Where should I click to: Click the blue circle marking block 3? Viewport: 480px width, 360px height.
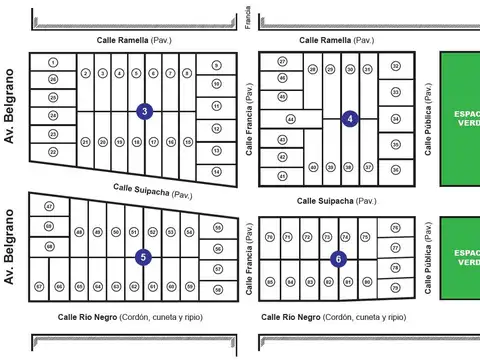145,111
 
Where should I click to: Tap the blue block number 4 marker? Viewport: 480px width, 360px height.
350,118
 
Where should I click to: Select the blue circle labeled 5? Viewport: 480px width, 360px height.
143,257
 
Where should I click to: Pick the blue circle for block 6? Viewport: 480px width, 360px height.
338,258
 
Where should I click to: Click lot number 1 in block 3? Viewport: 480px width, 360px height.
53,62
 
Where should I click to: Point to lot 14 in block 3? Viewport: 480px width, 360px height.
216,172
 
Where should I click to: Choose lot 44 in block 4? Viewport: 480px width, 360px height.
290,118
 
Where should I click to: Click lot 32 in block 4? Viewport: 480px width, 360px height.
396,67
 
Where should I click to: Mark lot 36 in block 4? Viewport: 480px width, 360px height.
396,171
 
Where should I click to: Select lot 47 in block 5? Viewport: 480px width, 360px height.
49,206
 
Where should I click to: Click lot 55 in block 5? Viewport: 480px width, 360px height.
217,228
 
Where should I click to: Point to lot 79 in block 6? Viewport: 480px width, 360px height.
395,287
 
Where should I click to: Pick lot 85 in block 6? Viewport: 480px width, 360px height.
270,282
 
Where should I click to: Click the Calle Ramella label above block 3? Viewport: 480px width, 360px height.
135,40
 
